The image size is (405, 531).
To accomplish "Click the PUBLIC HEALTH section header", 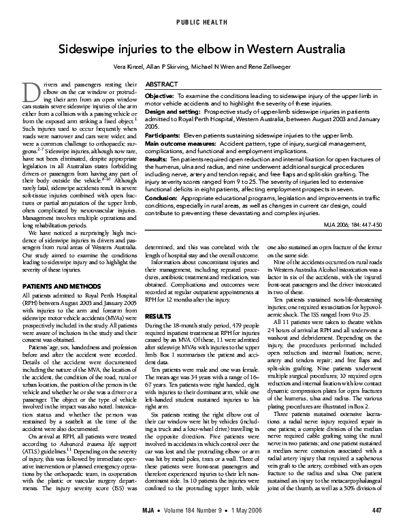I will (x=202, y=22).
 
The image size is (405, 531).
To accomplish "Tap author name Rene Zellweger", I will (x=268, y=69).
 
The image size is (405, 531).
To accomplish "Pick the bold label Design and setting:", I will (x=171, y=111).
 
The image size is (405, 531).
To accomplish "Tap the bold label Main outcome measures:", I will (x=178, y=144).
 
